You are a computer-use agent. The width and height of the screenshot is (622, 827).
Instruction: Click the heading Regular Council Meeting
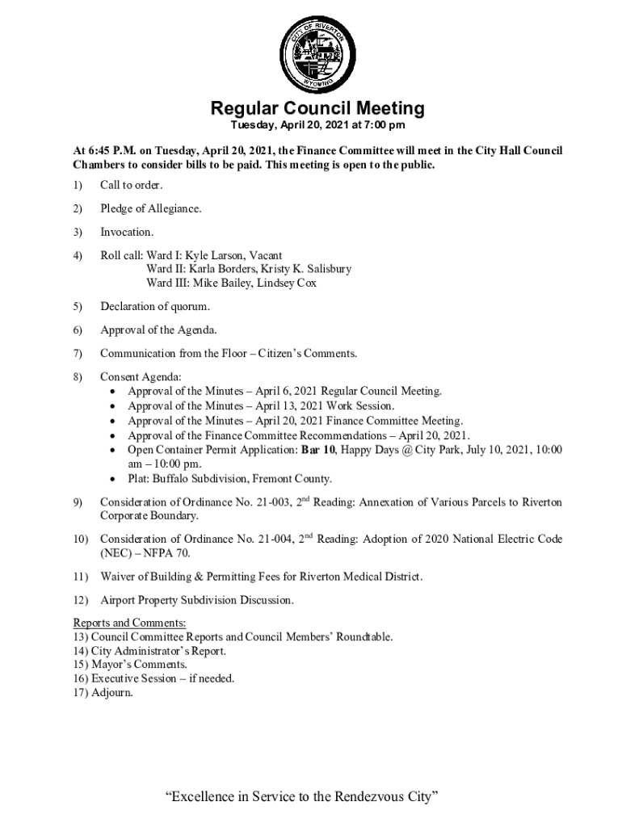point(317,108)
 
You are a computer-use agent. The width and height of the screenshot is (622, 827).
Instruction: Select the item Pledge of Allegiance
point(150,209)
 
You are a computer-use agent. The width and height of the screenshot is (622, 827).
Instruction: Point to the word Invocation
point(126,233)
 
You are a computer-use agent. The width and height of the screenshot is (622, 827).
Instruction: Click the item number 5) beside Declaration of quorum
point(78,306)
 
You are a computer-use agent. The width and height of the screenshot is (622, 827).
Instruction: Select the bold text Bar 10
point(319,450)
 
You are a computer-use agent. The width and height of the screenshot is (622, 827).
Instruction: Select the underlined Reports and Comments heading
point(129,623)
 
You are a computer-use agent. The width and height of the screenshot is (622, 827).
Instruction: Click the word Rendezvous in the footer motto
point(373,798)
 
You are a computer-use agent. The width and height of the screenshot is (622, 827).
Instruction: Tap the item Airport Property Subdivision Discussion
point(196,600)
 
